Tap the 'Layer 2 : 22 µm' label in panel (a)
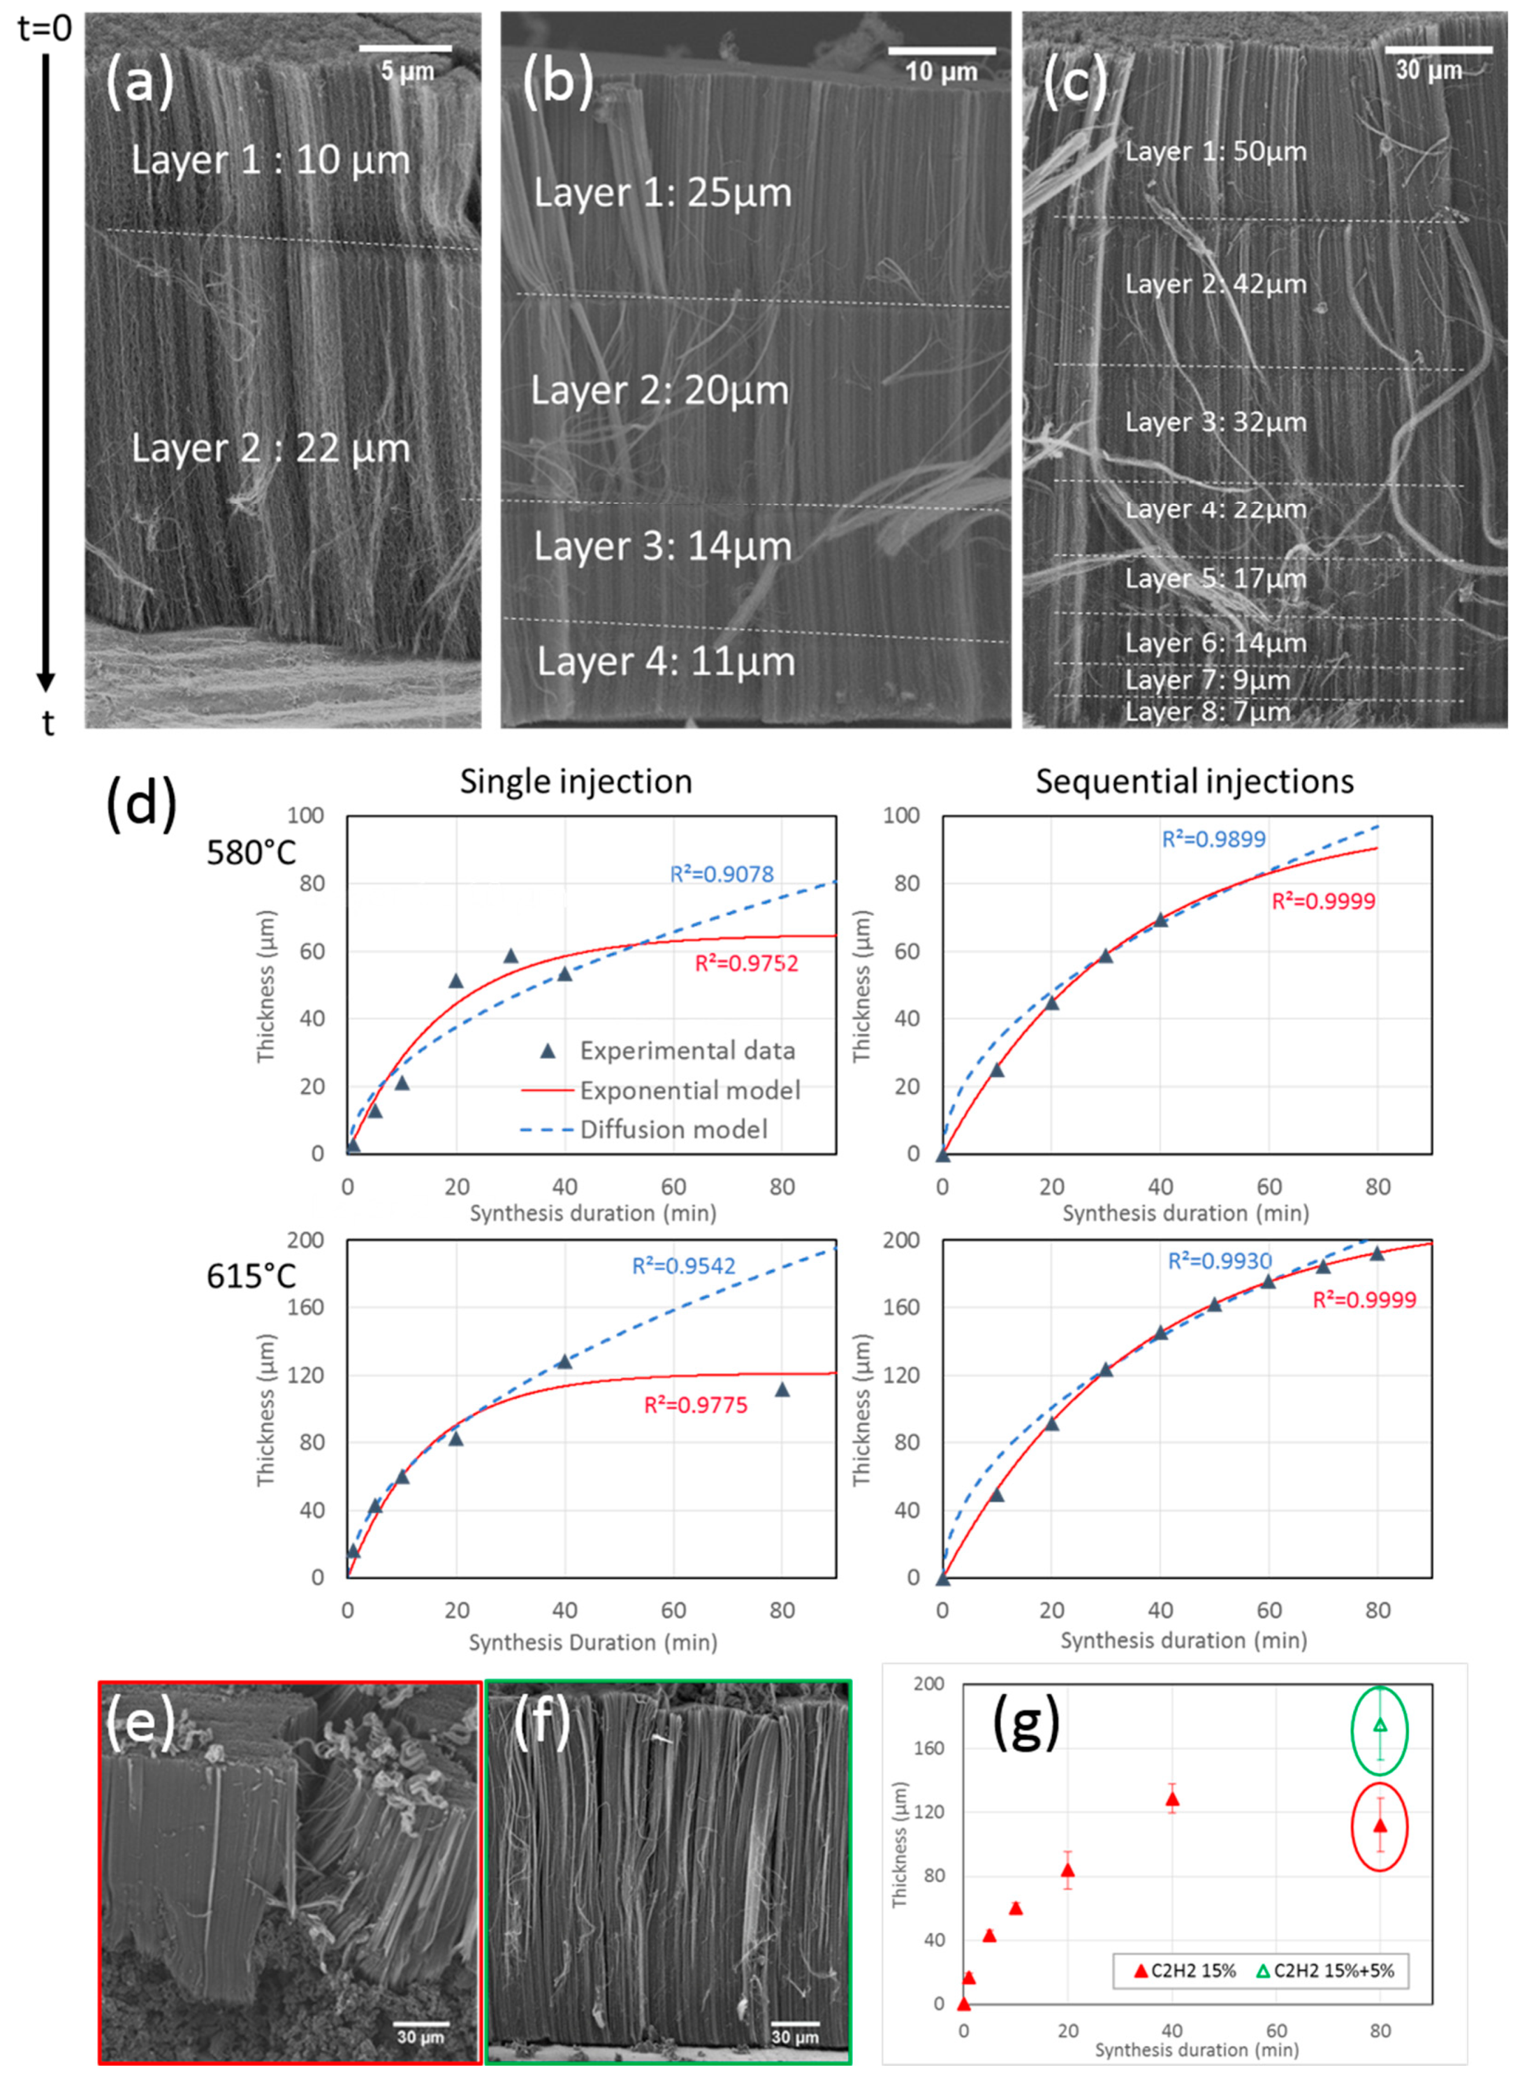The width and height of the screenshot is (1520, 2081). pyautogui.click(x=270, y=448)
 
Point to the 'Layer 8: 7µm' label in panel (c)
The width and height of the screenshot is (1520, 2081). pyautogui.click(x=1207, y=711)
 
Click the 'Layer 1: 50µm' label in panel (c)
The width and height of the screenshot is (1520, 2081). pyautogui.click(x=1215, y=151)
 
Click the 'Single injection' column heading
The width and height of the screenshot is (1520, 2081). pyautogui.click(x=576, y=781)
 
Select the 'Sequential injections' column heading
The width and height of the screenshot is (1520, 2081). pyautogui.click(x=1194, y=781)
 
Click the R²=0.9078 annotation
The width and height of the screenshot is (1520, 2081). pyautogui.click(x=721, y=873)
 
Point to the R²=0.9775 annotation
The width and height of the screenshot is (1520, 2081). pyautogui.click(x=695, y=1405)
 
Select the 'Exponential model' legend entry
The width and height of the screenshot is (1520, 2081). pyautogui.click(x=689, y=1090)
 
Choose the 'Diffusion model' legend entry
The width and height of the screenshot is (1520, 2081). pyautogui.click(x=673, y=1129)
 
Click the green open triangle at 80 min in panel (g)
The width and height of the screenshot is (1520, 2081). pyautogui.click(x=1379, y=1726)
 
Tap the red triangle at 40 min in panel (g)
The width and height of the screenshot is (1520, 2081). pyautogui.click(x=1172, y=1798)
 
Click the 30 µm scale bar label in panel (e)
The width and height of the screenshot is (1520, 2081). pyautogui.click(x=420, y=2037)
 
